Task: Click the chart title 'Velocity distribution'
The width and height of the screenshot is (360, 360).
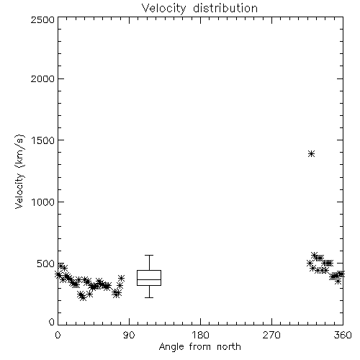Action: (x=199, y=8)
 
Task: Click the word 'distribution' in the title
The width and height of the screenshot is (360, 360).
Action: (x=225, y=8)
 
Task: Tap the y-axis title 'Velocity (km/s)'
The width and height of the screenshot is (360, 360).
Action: (x=19, y=171)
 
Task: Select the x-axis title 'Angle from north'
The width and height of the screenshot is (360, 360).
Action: (x=199, y=346)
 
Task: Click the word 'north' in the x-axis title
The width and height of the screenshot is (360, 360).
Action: (x=229, y=346)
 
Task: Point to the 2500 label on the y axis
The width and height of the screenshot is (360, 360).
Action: (x=42, y=19)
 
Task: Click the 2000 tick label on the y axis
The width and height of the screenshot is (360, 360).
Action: (x=42, y=78)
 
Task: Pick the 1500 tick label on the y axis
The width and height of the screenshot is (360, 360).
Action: (x=42, y=140)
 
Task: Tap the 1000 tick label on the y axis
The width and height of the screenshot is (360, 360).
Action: (x=42, y=202)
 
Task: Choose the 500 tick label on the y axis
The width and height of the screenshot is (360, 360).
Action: (x=46, y=264)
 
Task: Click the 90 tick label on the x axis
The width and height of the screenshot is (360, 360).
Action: (x=129, y=335)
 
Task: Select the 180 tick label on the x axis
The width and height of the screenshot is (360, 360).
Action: (x=200, y=335)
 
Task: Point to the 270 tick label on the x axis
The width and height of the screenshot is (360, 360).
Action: (x=271, y=335)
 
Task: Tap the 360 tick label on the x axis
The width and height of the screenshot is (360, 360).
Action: (x=343, y=335)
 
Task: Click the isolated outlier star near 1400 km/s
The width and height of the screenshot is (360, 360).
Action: (x=311, y=153)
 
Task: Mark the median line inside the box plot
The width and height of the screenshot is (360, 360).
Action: (x=149, y=279)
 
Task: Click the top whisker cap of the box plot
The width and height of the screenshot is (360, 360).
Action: (x=149, y=255)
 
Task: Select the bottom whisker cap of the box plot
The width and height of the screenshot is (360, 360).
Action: (x=149, y=297)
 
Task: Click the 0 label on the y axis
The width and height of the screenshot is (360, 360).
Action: (x=52, y=322)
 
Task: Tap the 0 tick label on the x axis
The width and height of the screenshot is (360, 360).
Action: (x=58, y=335)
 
